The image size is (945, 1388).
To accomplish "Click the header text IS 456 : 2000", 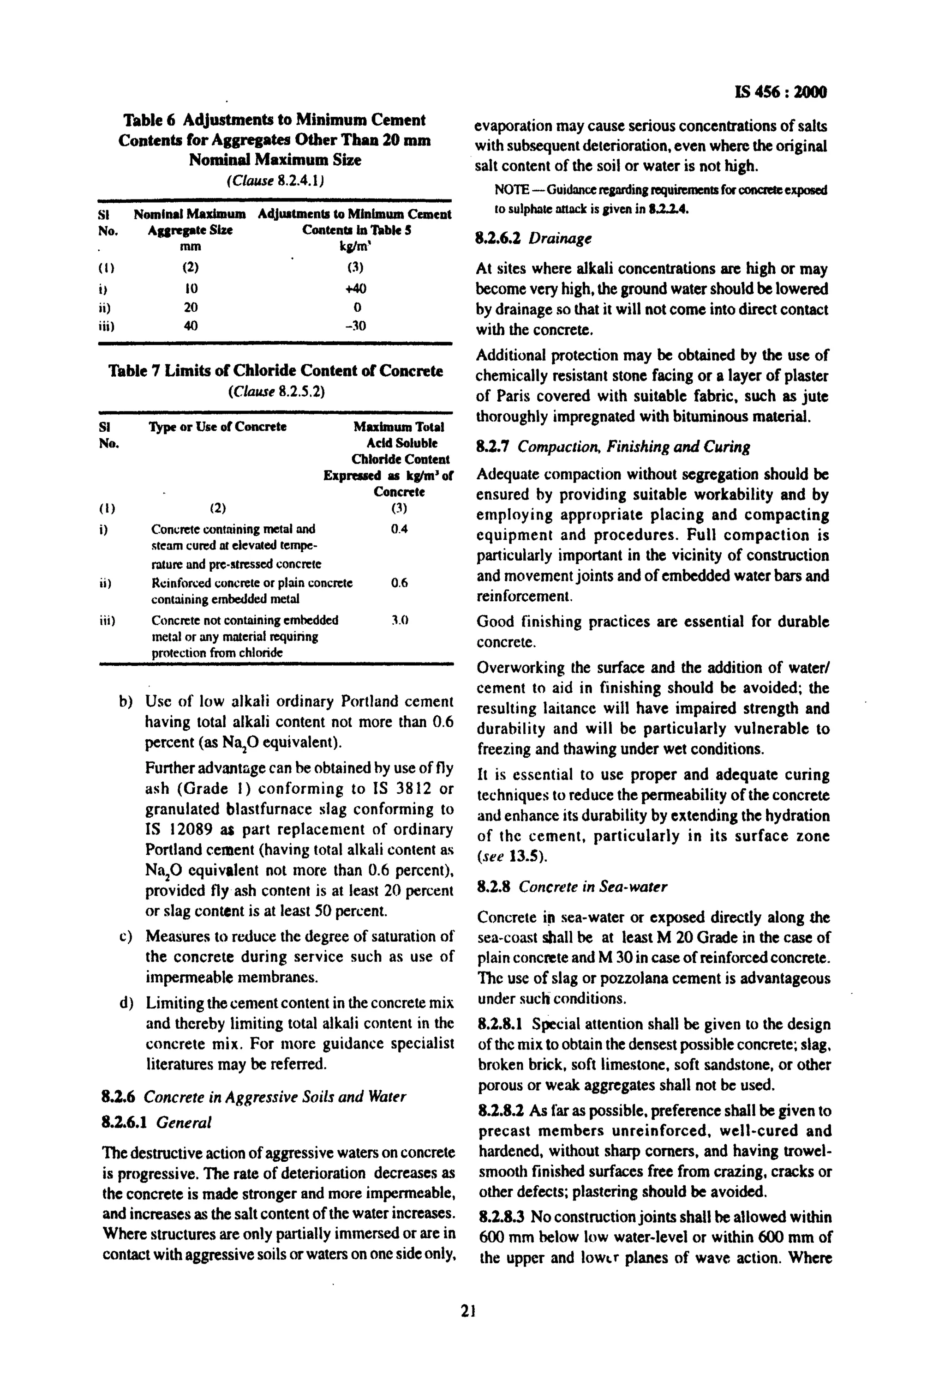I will [781, 92].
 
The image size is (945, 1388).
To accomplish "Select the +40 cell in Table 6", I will [356, 289].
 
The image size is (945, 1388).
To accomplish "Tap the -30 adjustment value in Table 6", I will [356, 326].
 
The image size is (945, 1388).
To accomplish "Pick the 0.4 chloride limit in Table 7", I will [399, 529].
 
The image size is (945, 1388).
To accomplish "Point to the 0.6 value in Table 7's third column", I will [399, 583].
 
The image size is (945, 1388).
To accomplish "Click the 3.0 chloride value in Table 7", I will [399, 621].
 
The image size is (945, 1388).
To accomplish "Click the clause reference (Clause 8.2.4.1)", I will [275, 180].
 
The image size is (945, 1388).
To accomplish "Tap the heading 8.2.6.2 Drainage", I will [533, 238].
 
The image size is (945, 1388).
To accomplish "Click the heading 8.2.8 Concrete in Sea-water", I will [571, 886].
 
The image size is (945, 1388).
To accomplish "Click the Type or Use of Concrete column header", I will [218, 427].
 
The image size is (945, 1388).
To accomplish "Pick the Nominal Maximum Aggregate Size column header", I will [190, 222].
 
